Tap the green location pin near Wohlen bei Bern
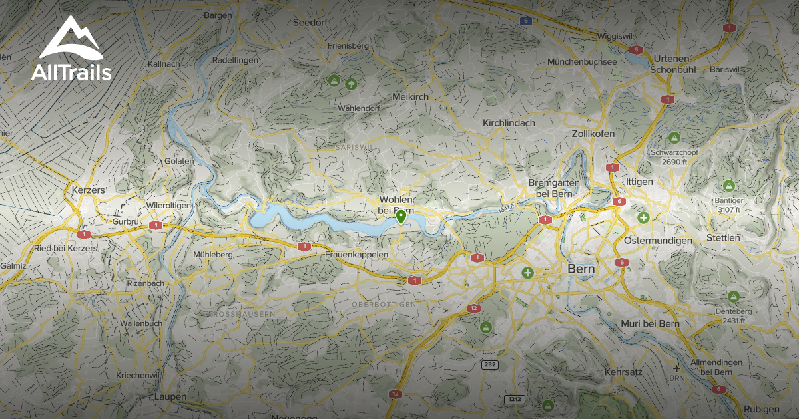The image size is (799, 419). [x=401, y=216]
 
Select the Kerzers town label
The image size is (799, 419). [x=88, y=190]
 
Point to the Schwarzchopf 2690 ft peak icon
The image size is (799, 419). [x=674, y=138]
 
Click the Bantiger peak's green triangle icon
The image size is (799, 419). [x=728, y=186]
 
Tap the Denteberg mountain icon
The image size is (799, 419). [x=734, y=296]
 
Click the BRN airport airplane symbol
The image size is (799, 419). [x=677, y=368]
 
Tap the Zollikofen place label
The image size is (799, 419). [x=593, y=134]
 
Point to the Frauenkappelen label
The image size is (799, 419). [x=357, y=255]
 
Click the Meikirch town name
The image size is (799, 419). [x=411, y=97]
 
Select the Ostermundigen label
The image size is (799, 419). [x=659, y=240]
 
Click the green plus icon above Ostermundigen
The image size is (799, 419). [x=643, y=217]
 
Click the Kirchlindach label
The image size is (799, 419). [x=509, y=123]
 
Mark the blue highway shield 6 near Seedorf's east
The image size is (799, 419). [x=526, y=21]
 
